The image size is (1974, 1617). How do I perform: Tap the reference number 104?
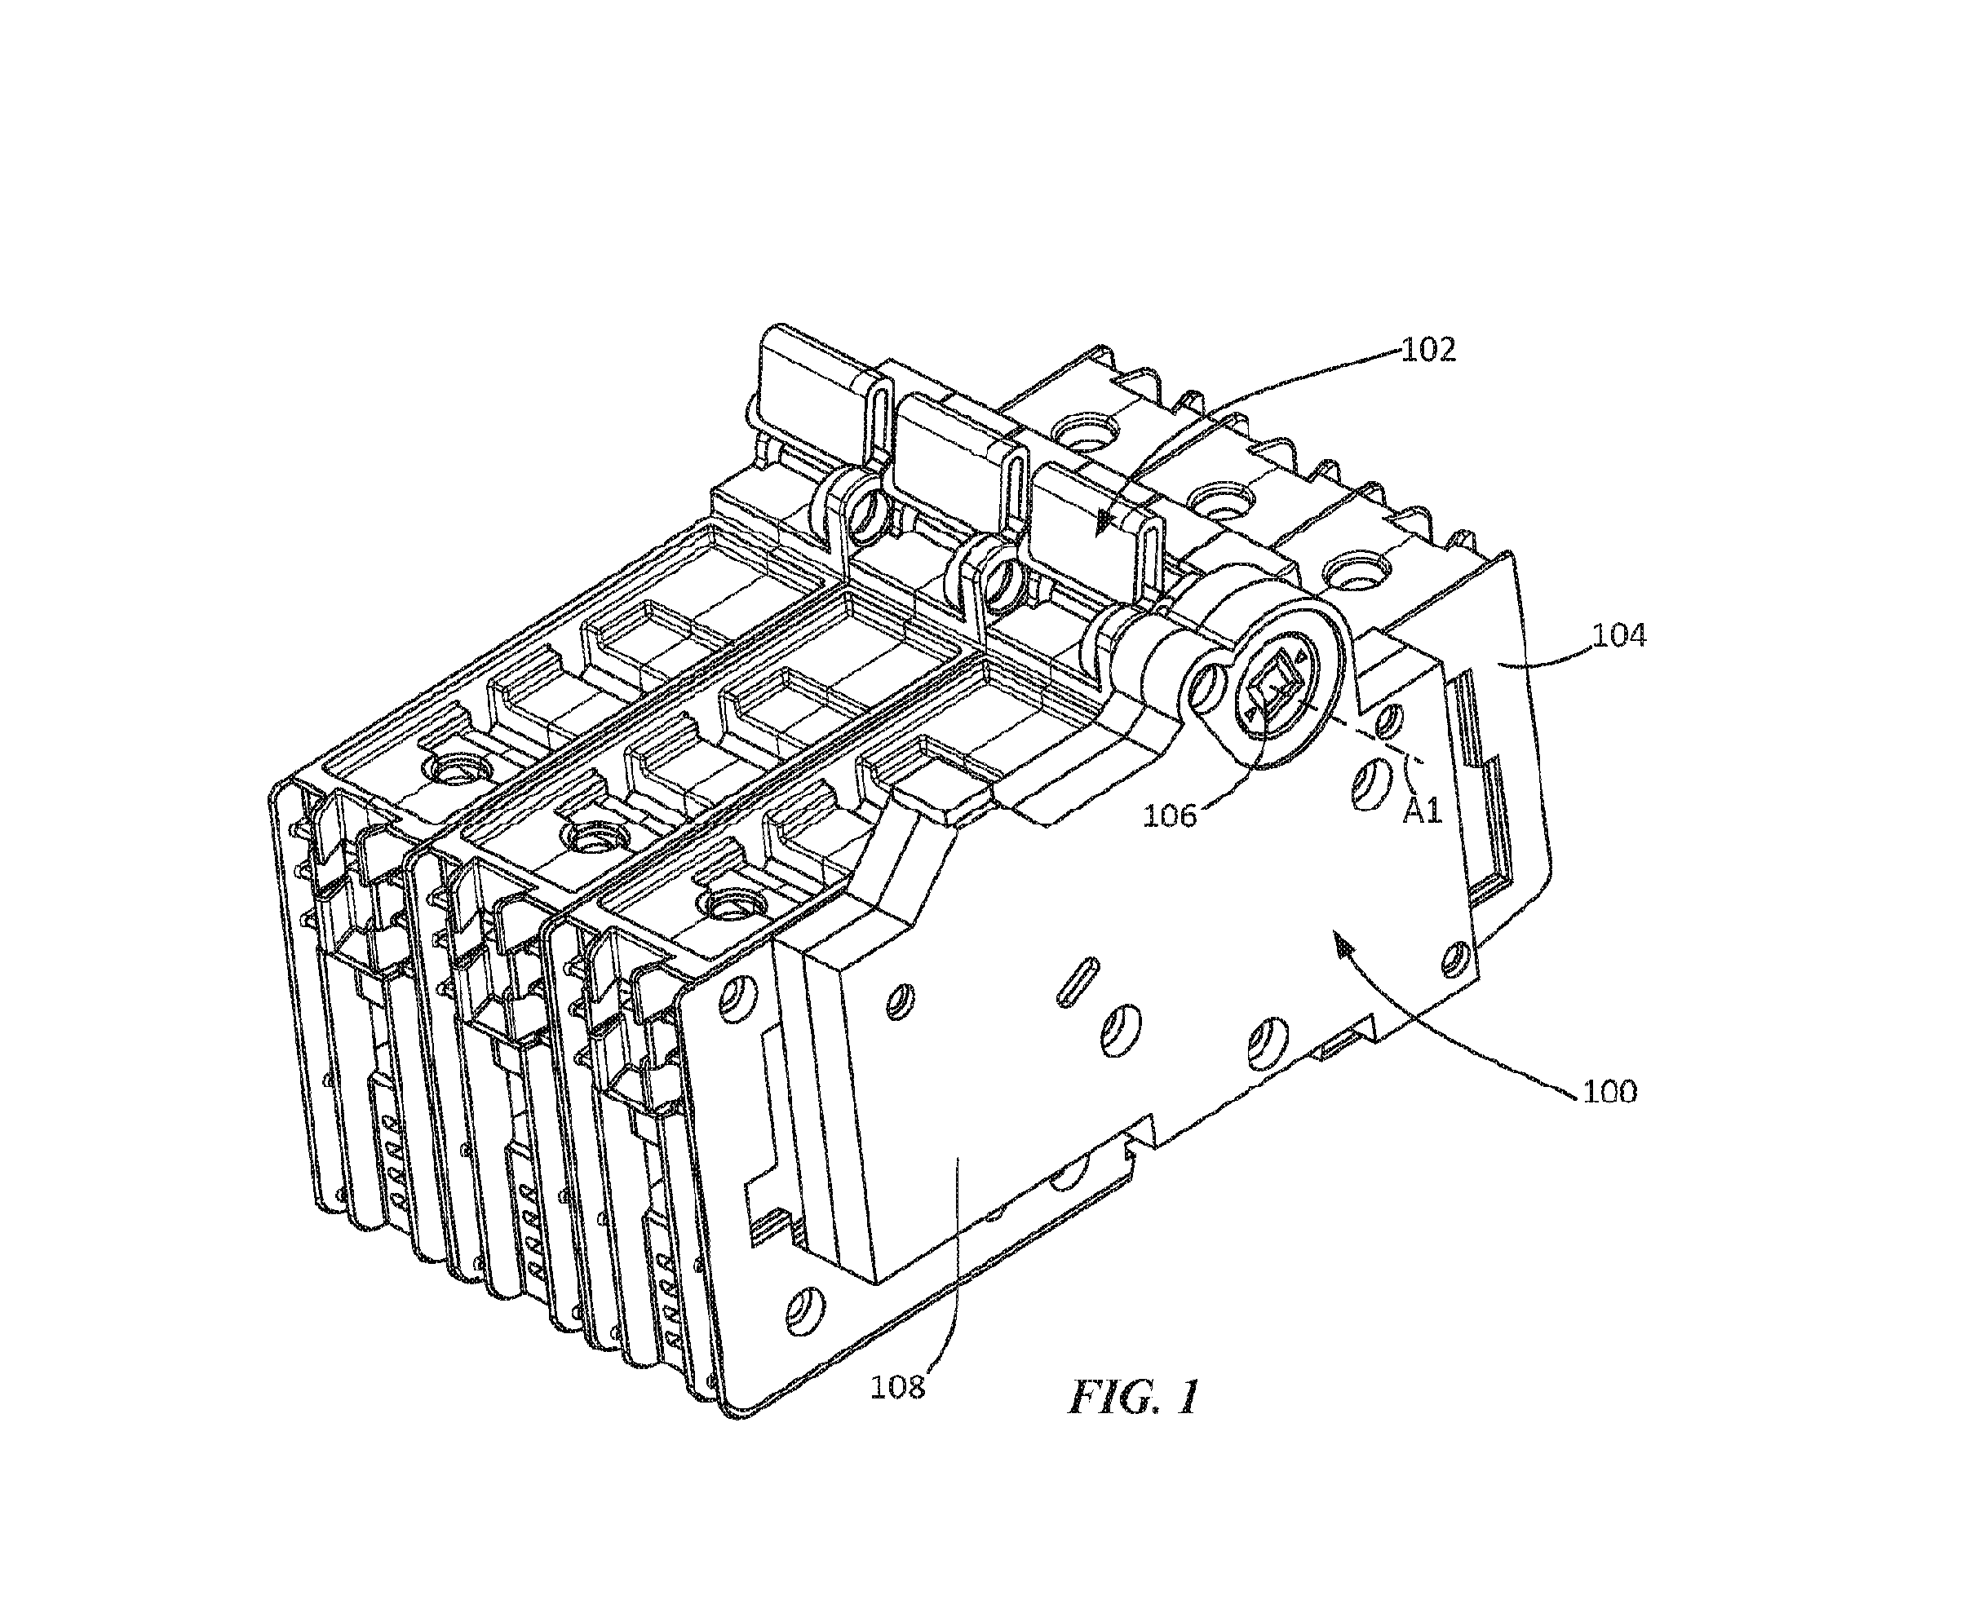coord(1619,635)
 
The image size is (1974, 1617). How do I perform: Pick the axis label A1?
coord(1423,811)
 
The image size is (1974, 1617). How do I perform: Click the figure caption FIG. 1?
coord(1134,1397)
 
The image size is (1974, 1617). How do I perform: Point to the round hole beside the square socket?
coord(1211,686)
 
